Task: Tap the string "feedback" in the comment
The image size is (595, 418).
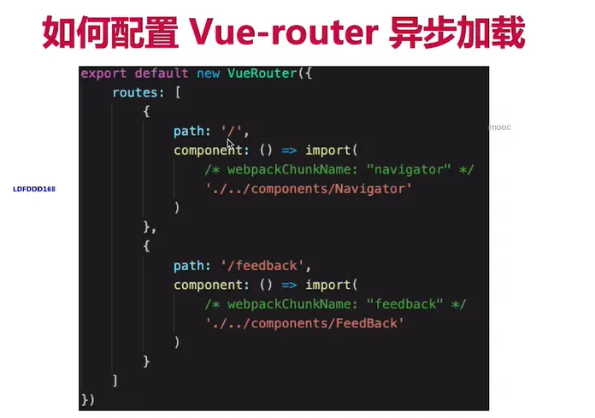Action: click(x=405, y=304)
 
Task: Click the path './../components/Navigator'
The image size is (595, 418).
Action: click(x=309, y=188)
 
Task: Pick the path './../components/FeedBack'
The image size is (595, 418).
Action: click(x=304, y=323)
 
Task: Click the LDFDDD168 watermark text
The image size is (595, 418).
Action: click(x=34, y=188)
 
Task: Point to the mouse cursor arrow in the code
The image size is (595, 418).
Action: click(x=231, y=144)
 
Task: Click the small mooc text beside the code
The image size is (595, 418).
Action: click(x=499, y=127)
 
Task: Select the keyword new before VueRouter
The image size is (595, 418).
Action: click(x=208, y=74)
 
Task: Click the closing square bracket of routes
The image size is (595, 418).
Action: click(x=115, y=380)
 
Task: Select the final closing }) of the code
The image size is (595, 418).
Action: click(x=88, y=399)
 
